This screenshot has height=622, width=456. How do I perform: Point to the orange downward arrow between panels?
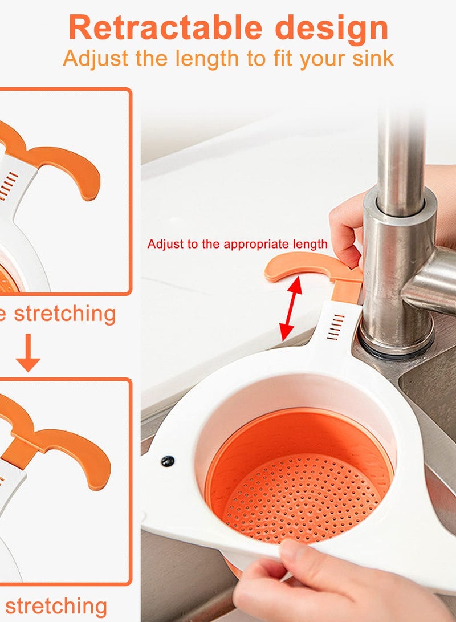tap(27, 356)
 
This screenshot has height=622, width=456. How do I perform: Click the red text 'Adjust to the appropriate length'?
tap(237, 244)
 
